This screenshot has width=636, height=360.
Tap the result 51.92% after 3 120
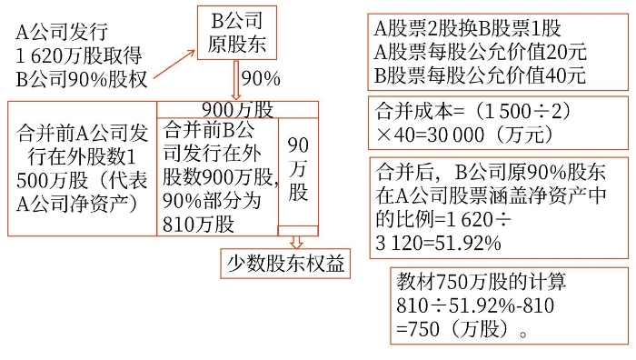(468, 243)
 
